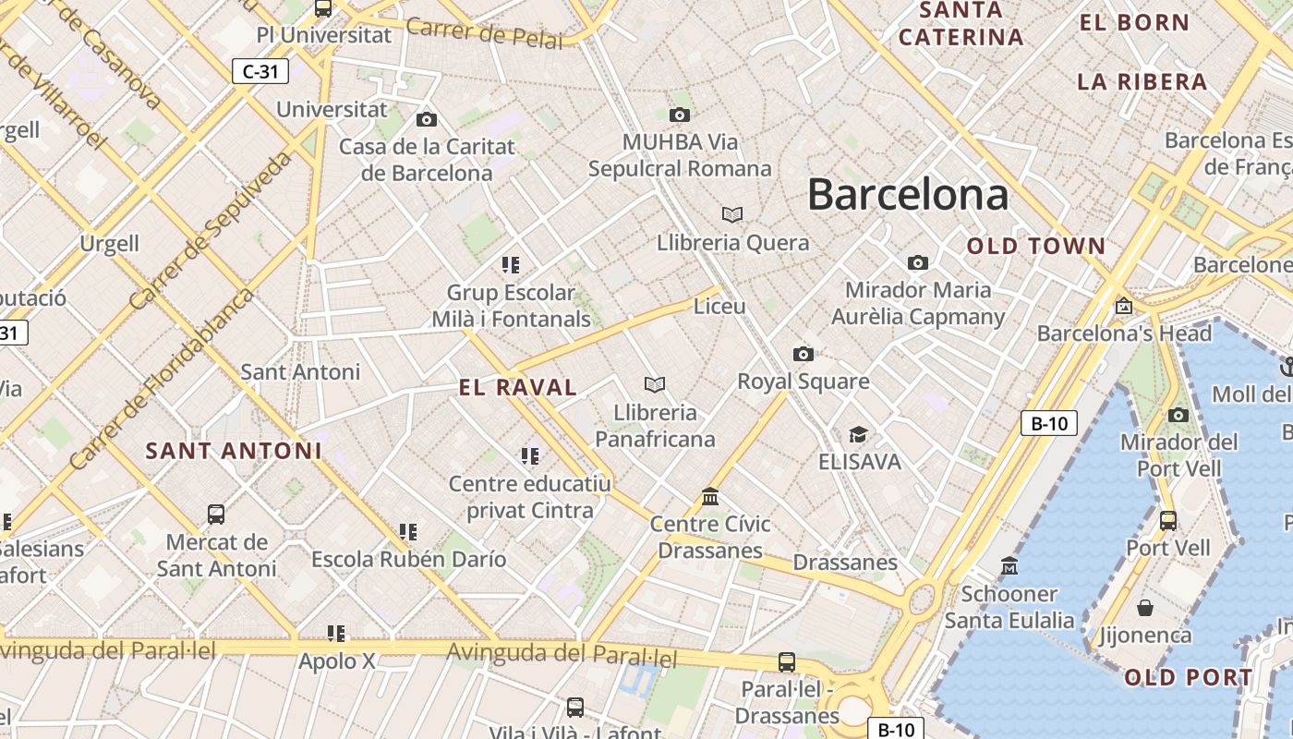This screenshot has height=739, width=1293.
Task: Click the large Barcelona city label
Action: coord(908,195)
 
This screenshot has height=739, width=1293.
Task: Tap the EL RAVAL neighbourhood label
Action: coord(518,388)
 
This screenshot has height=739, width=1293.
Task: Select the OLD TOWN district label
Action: coord(1035,247)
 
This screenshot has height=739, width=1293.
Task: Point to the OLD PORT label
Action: coord(1188,678)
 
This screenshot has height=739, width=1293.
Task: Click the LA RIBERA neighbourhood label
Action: coord(1142,82)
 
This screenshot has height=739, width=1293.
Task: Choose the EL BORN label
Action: coord(1134,23)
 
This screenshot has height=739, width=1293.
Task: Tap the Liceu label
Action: coord(719,307)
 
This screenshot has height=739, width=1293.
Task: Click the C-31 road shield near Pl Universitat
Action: coord(260,71)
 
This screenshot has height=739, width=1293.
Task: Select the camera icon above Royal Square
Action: coord(804,355)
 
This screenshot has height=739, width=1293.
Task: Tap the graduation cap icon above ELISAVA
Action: coord(859,434)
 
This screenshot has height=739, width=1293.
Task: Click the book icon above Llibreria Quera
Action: coord(732,215)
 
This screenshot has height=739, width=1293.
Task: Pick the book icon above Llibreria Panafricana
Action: coord(655,384)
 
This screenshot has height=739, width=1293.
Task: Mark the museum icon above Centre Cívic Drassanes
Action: coord(710,497)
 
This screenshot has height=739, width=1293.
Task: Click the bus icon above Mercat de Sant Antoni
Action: coord(216,515)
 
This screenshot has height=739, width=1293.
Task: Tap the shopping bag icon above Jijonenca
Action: coord(1145,608)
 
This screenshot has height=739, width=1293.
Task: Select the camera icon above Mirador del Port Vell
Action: coord(1178,416)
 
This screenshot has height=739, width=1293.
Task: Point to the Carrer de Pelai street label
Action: coord(484,33)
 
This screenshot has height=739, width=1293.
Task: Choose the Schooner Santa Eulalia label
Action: coord(1009,607)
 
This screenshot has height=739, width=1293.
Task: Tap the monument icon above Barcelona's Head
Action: coord(1124,306)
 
